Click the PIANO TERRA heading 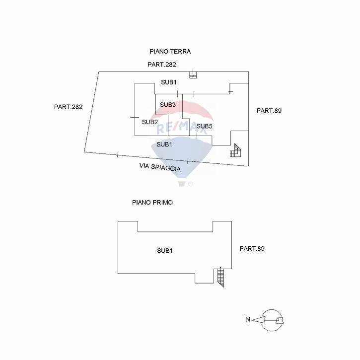coord(170,51)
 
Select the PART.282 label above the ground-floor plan coord(161,65)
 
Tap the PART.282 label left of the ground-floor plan coord(68,107)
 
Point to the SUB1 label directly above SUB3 coord(168,82)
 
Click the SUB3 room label coord(168,105)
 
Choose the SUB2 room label coord(150,122)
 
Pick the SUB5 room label coord(204,127)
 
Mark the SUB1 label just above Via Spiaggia coord(164,144)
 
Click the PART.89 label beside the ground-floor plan coord(269,111)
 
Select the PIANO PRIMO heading coord(152,203)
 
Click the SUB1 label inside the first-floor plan coord(165,251)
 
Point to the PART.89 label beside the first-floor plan coord(252,248)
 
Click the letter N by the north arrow coord(247,320)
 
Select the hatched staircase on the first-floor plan coord(221,277)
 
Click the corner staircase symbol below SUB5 coord(235,151)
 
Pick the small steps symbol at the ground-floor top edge coord(193,75)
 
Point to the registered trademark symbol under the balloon coord(190,184)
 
